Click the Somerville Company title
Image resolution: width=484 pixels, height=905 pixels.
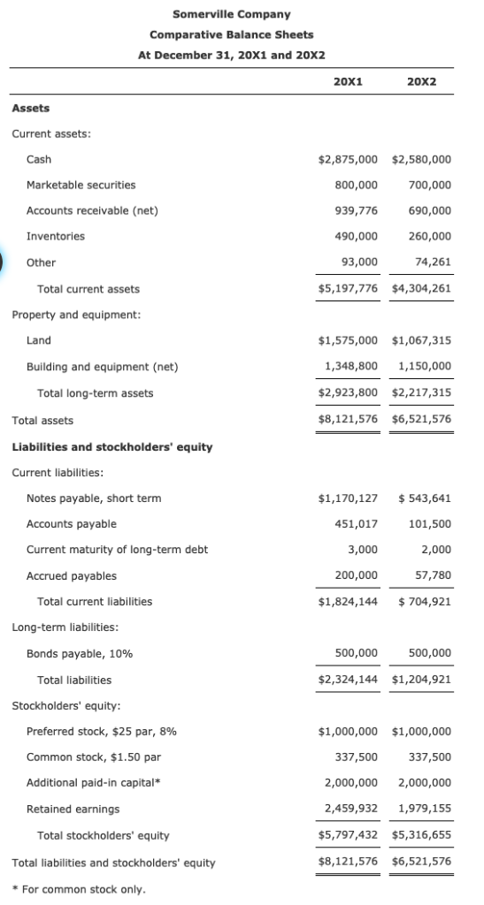[232, 14]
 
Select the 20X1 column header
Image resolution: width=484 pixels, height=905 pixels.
[347, 82]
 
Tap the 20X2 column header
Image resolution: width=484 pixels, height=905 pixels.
[421, 82]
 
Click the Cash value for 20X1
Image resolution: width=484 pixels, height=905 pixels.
[348, 159]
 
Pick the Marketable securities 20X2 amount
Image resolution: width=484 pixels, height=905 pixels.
[430, 185]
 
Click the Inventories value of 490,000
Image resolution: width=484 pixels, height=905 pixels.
[357, 236]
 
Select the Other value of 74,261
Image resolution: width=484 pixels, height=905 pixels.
[432, 262]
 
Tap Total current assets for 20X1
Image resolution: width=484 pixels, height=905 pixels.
[348, 289]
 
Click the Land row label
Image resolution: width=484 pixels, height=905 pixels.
[39, 340]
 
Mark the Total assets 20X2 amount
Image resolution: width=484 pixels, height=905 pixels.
[421, 420]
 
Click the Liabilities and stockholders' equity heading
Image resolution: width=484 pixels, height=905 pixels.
[112, 446]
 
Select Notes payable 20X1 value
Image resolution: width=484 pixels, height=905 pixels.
[348, 498]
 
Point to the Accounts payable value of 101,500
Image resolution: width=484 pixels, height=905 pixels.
[430, 524]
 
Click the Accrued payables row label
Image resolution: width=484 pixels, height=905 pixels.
[71, 575]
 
